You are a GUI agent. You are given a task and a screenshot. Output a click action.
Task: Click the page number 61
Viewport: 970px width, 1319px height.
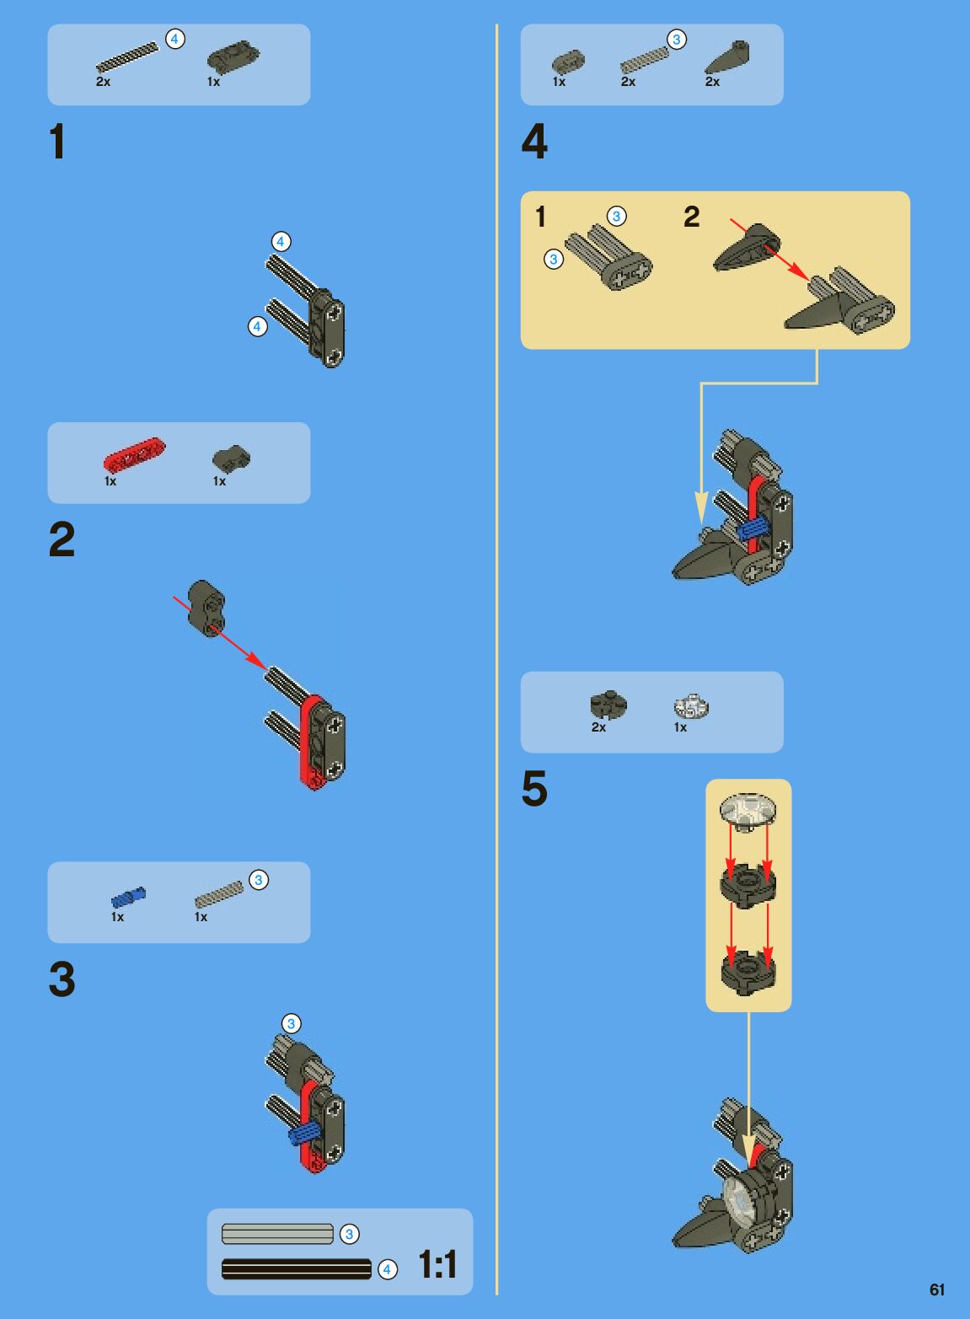pos(937,1290)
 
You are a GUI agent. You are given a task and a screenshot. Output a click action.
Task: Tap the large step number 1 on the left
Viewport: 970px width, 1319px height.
pos(57,142)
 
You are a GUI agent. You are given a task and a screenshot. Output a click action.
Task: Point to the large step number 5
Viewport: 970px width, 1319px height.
pos(534,789)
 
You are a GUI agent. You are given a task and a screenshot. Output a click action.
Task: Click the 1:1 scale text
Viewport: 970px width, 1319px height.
pos(437,1264)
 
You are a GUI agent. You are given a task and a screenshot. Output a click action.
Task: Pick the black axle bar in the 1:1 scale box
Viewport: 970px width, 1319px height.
pos(297,1269)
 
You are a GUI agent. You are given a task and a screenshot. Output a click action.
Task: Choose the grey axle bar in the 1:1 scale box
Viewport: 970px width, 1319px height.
pos(277,1234)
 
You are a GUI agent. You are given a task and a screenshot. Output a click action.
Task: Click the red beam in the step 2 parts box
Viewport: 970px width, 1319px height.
pos(134,454)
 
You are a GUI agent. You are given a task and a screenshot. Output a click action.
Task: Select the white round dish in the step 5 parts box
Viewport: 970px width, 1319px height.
pos(691,706)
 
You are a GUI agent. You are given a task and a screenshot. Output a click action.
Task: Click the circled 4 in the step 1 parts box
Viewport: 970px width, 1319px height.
pos(175,40)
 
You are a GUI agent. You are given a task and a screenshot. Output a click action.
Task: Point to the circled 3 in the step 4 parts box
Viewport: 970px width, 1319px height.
pos(677,40)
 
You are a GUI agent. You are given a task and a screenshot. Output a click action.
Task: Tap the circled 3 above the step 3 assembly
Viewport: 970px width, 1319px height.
pos(291,1023)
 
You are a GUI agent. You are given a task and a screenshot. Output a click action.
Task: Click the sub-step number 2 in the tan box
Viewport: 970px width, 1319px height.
pos(691,217)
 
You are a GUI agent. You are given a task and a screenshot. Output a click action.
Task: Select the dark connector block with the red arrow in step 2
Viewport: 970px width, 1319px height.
pos(206,609)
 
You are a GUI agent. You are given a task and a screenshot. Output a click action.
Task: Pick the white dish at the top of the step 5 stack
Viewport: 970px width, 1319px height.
pos(748,812)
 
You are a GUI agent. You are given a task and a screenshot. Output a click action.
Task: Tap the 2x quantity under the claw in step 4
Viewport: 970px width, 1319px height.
pos(712,81)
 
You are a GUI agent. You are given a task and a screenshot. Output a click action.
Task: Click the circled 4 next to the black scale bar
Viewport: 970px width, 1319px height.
pos(387,1269)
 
